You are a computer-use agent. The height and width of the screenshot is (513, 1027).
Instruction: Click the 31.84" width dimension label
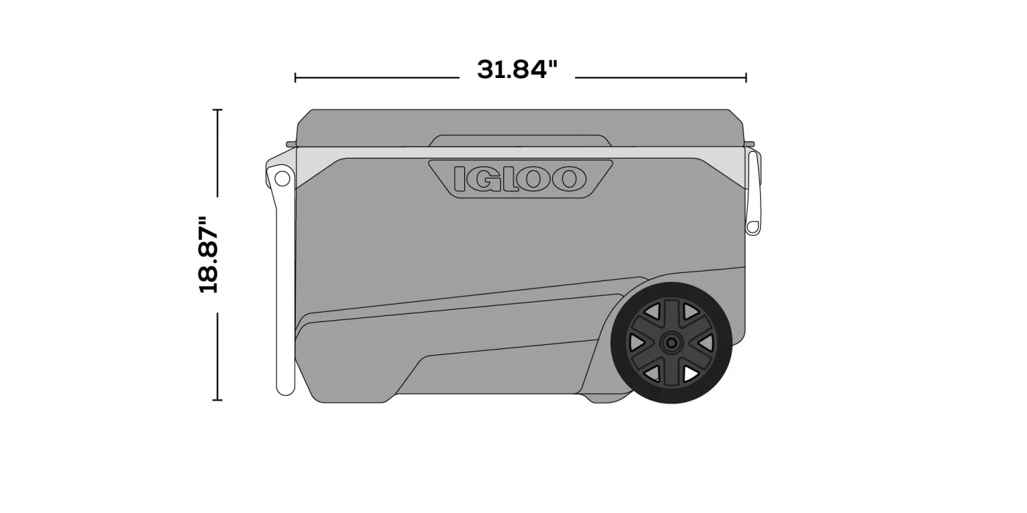pyautogui.click(x=517, y=69)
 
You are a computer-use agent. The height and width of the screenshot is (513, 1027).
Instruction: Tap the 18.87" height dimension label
pyautogui.click(x=208, y=255)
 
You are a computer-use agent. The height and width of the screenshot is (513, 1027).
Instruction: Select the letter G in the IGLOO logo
pyautogui.click(x=483, y=179)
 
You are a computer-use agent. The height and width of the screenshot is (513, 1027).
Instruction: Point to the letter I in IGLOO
pyautogui.click(x=461, y=179)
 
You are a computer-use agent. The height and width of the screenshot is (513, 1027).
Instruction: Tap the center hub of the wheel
pyautogui.click(x=672, y=342)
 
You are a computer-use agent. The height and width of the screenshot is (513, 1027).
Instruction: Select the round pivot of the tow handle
pyautogui.click(x=281, y=179)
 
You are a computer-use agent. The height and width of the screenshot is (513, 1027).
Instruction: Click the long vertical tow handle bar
pyautogui.click(x=284, y=287)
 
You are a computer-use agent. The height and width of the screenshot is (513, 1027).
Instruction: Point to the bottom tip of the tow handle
pyautogui.click(x=285, y=391)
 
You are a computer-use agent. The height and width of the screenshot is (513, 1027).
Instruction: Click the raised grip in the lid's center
pyautogui.click(x=520, y=140)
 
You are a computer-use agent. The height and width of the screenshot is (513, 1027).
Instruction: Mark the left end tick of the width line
pyautogui.click(x=295, y=78)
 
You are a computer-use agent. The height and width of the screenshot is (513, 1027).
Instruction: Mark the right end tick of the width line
pyautogui.click(x=746, y=78)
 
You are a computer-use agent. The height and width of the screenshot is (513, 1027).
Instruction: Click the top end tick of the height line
pyautogui.click(x=218, y=109)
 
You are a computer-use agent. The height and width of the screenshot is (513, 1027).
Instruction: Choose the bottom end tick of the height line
pyautogui.click(x=218, y=399)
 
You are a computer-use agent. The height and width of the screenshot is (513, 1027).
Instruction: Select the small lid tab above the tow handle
pyautogui.click(x=291, y=144)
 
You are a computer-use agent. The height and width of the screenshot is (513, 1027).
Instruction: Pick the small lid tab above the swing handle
pyautogui.click(x=749, y=144)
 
